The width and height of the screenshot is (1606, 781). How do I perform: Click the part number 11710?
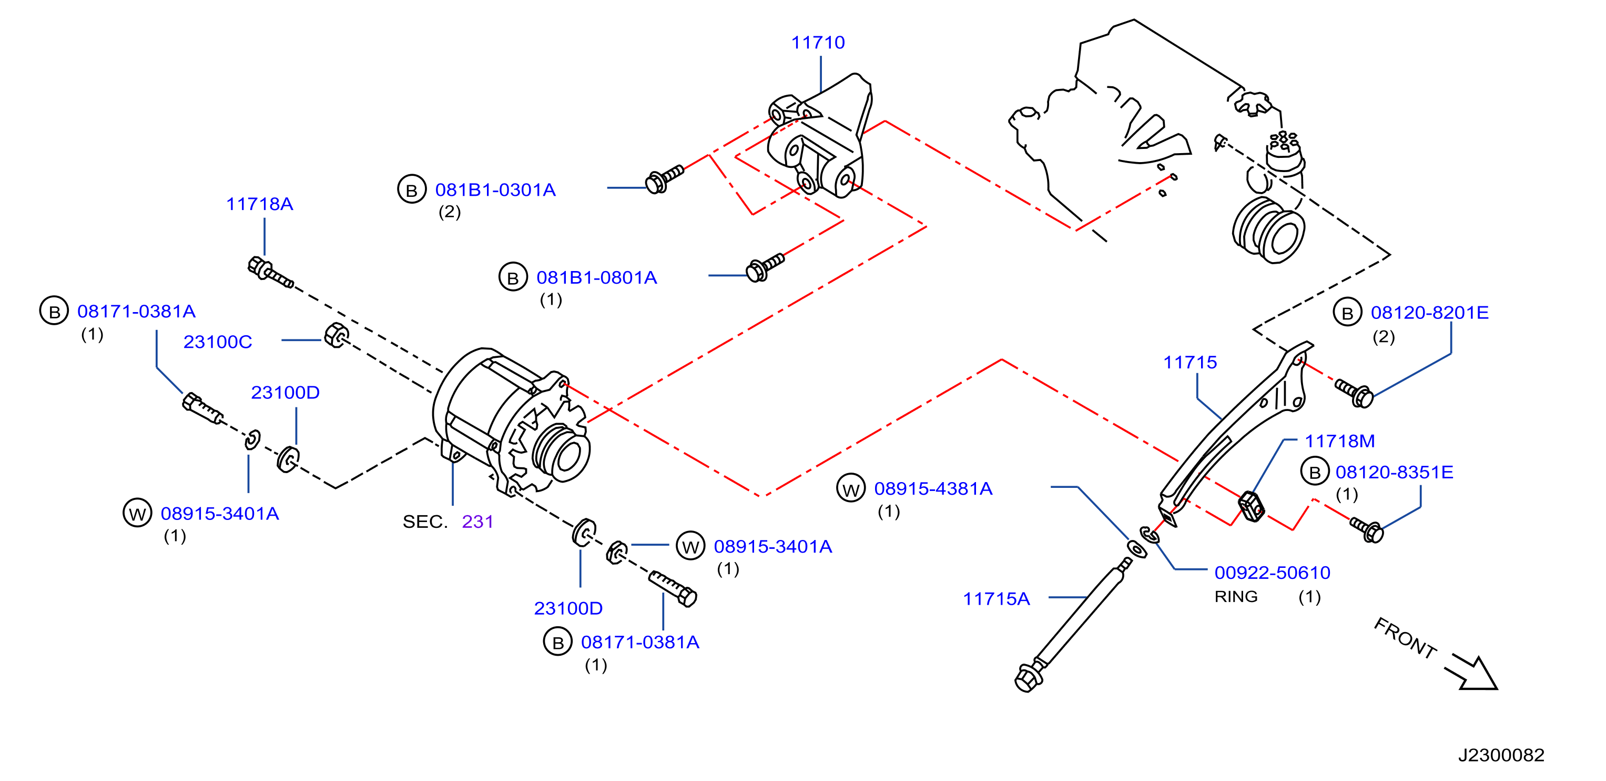818,43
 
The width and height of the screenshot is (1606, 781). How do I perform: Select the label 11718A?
259,204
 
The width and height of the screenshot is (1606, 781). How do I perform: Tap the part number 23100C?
218,342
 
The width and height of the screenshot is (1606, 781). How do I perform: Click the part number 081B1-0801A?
597,277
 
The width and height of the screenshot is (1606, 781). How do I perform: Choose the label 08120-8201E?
1429,313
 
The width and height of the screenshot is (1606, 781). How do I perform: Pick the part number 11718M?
1340,441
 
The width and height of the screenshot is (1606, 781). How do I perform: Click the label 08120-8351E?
1394,472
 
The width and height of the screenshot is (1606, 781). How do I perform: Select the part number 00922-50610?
1273,573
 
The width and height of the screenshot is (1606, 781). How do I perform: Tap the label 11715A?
997,599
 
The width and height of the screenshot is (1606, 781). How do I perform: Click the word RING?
1236,597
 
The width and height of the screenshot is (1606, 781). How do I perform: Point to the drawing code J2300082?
1501,755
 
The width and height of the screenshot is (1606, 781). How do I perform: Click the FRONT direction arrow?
1472,673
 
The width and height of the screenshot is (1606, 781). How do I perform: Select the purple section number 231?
477,522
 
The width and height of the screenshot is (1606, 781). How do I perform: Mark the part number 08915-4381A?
933,488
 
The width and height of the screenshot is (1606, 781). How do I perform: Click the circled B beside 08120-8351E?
1315,472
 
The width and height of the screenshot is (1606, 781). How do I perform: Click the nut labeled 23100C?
337,336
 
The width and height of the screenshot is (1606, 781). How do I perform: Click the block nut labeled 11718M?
1251,505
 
